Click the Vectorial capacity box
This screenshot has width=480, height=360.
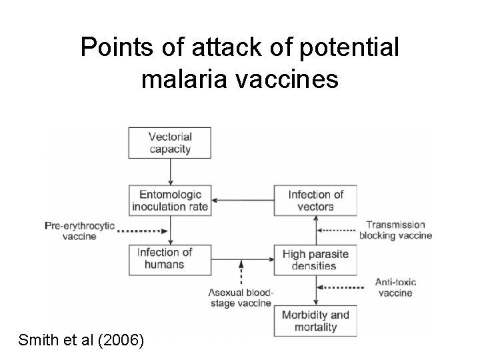click(x=170, y=142)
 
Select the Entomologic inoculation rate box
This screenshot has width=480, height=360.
click(x=170, y=200)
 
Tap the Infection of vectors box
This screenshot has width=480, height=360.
click(x=315, y=200)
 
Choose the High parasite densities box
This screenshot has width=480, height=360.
click(x=315, y=259)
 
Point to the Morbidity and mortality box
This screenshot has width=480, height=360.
click(x=315, y=321)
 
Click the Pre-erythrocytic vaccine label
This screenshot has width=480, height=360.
click(x=79, y=230)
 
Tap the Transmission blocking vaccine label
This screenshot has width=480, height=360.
click(x=395, y=230)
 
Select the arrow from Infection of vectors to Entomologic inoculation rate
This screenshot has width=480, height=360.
click(x=241, y=200)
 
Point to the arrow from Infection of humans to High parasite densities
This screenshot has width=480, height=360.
click(x=241, y=259)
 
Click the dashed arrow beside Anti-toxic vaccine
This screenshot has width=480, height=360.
click(x=342, y=287)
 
